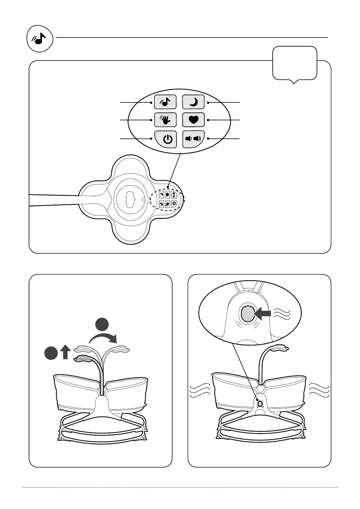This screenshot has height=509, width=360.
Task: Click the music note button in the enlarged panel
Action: click(x=165, y=102)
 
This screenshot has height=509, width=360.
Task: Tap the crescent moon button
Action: click(x=193, y=102)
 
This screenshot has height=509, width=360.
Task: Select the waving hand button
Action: click(x=165, y=120)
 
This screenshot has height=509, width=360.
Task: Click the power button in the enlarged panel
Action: click(x=165, y=139)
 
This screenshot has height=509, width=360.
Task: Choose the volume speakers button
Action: click(x=193, y=139)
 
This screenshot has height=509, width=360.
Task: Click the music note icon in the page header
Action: click(x=40, y=39)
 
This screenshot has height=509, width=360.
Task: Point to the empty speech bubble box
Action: click(x=295, y=63)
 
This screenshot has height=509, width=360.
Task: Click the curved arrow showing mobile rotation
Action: click(x=103, y=338)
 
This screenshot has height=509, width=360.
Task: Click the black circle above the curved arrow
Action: click(x=102, y=324)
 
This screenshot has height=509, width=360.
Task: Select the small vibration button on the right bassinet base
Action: click(x=259, y=403)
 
